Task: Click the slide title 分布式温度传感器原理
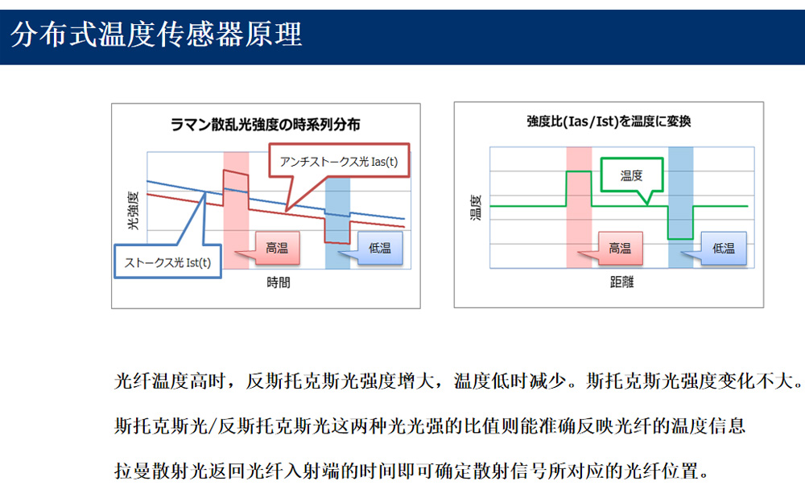pyautogui.click(x=156, y=35)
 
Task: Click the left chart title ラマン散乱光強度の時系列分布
pyautogui.click(x=266, y=125)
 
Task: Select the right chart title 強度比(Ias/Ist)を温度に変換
pyautogui.click(x=609, y=121)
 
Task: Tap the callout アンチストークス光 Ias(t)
pyautogui.click(x=339, y=162)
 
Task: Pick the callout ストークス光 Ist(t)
pyautogui.click(x=168, y=262)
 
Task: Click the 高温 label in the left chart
pyautogui.click(x=277, y=249)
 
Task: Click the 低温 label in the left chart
pyautogui.click(x=380, y=249)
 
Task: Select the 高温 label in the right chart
pyautogui.click(x=620, y=249)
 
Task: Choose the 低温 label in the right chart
pyautogui.click(x=724, y=249)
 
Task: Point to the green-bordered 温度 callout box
pyautogui.click(x=631, y=175)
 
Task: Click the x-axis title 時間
pyautogui.click(x=279, y=282)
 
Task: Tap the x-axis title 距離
pyautogui.click(x=621, y=282)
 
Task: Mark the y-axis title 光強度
pyautogui.click(x=133, y=210)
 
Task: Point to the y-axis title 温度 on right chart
pyautogui.click(x=476, y=208)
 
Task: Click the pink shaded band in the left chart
pyautogui.click(x=236, y=210)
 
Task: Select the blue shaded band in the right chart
pyautogui.click(x=681, y=208)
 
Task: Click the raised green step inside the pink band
pyautogui.click(x=579, y=172)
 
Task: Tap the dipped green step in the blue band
pyautogui.click(x=681, y=238)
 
